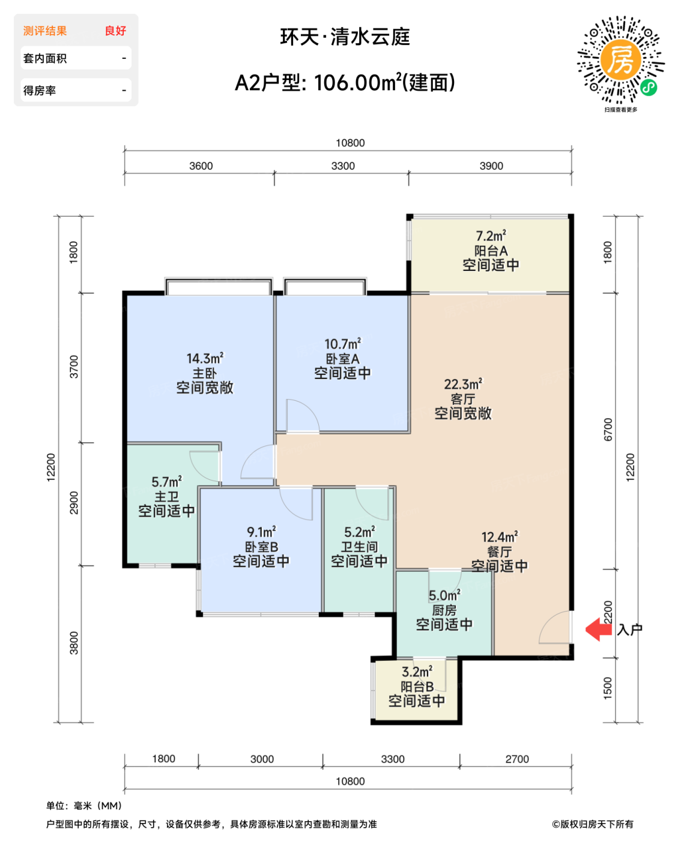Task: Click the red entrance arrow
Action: click(598, 630)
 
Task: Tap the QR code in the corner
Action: click(621, 60)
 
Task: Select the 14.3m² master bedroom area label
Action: click(205, 359)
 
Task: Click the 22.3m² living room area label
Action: click(463, 384)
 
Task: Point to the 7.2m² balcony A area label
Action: click(491, 236)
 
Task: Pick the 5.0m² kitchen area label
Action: click(444, 595)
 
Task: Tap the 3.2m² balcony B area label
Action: click(417, 672)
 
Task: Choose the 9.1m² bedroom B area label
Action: click(261, 532)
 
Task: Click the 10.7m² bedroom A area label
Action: click(342, 344)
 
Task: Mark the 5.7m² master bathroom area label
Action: click(166, 482)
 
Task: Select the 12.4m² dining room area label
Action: click(499, 537)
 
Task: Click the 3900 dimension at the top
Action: click(491, 166)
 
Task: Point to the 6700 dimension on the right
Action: click(608, 430)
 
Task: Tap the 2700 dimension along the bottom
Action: click(516, 759)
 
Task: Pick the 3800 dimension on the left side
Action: click(74, 643)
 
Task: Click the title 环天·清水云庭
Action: click(345, 37)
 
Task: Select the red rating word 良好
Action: click(115, 31)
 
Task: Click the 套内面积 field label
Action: click(45, 58)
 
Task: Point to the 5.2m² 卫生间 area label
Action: click(359, 532)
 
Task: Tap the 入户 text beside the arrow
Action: click(629, 630)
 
